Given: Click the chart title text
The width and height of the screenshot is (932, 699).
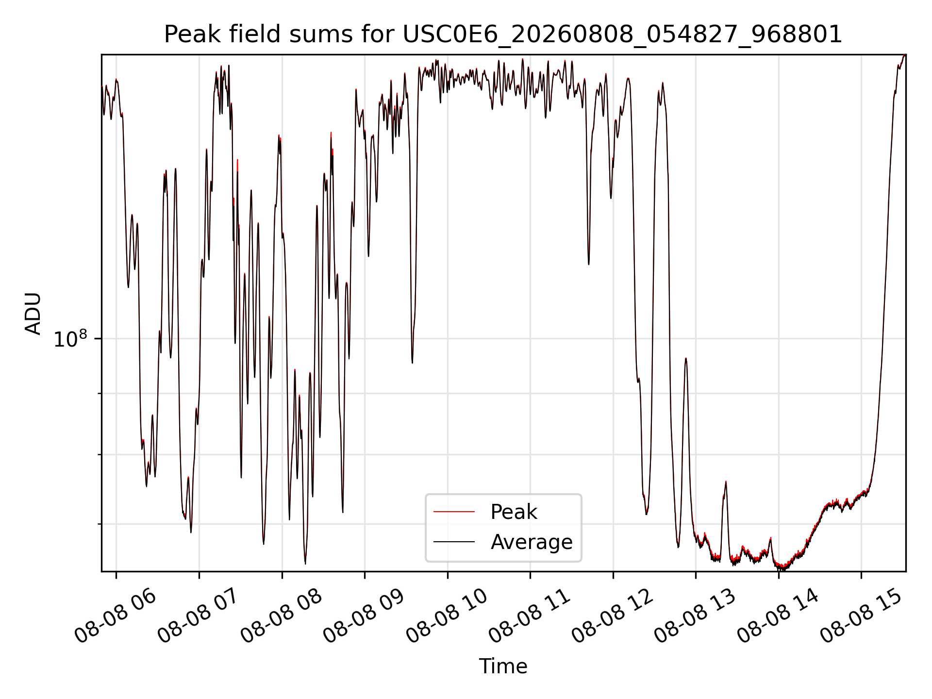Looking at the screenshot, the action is (x=503, y=34).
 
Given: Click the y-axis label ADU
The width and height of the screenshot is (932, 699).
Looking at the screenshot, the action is (x=33, y=313).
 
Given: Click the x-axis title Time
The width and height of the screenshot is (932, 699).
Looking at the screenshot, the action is (x=503, y=666).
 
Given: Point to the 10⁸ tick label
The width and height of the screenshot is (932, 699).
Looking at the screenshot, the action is (x=70, y=339).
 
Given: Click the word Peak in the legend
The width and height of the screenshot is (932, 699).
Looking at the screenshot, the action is (x=514, y=512).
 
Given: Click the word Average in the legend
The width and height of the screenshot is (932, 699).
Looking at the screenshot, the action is (x=532, y=542).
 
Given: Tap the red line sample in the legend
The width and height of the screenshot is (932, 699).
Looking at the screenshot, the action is (x=454, y=512).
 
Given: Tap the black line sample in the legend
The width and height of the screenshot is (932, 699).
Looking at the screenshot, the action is (x=454, y=541).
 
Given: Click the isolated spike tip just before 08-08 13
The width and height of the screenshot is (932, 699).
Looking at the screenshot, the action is (x=686, y=358).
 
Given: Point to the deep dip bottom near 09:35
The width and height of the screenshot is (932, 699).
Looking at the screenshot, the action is (x=412, y=362).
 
